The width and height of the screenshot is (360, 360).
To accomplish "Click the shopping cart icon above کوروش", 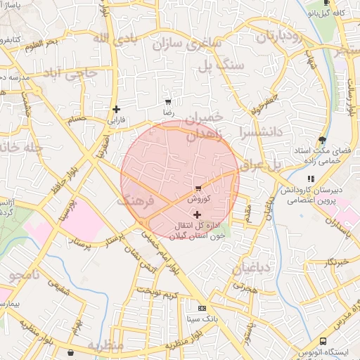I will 198,188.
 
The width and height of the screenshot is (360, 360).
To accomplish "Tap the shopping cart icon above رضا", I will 167,101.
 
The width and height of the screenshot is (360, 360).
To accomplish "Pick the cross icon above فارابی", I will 116,109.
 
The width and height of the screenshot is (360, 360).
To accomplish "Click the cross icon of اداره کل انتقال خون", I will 197,214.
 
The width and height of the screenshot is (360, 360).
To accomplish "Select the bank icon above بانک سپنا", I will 202,308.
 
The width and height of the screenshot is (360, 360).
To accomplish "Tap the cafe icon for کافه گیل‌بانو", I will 314,12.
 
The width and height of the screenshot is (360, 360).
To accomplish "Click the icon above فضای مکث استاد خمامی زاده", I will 322,140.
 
